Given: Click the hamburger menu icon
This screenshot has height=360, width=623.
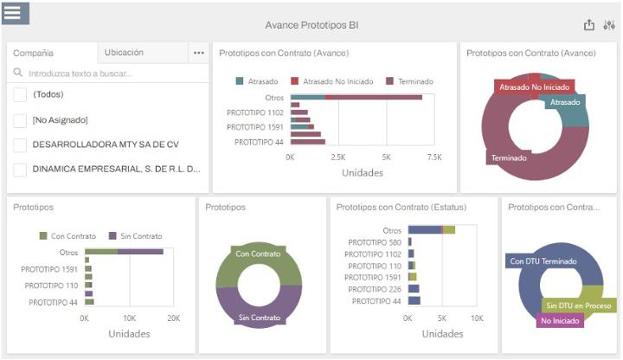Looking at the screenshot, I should (x=16, y=13).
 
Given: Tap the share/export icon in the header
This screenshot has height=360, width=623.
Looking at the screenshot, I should (x=589, y=25).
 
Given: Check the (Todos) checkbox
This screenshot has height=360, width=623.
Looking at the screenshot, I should (x=20, y=95).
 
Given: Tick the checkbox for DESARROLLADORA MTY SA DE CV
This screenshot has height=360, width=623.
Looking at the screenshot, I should (x=20, y=145).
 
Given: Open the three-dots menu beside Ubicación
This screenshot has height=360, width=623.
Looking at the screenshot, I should (x=199, y=53).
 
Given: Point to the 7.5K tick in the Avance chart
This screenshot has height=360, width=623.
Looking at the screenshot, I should (x=434, y=157).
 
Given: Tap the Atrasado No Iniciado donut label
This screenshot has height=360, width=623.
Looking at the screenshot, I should (x=532, y=87).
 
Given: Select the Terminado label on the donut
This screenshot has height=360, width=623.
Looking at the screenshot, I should (x=509, y=158).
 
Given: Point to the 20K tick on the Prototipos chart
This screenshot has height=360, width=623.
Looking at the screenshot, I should (x=173, y=318).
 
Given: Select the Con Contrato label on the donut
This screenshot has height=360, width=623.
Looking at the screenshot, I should (x=258, y=254).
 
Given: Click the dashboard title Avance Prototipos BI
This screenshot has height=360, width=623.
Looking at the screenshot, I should (x=311, y=25).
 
